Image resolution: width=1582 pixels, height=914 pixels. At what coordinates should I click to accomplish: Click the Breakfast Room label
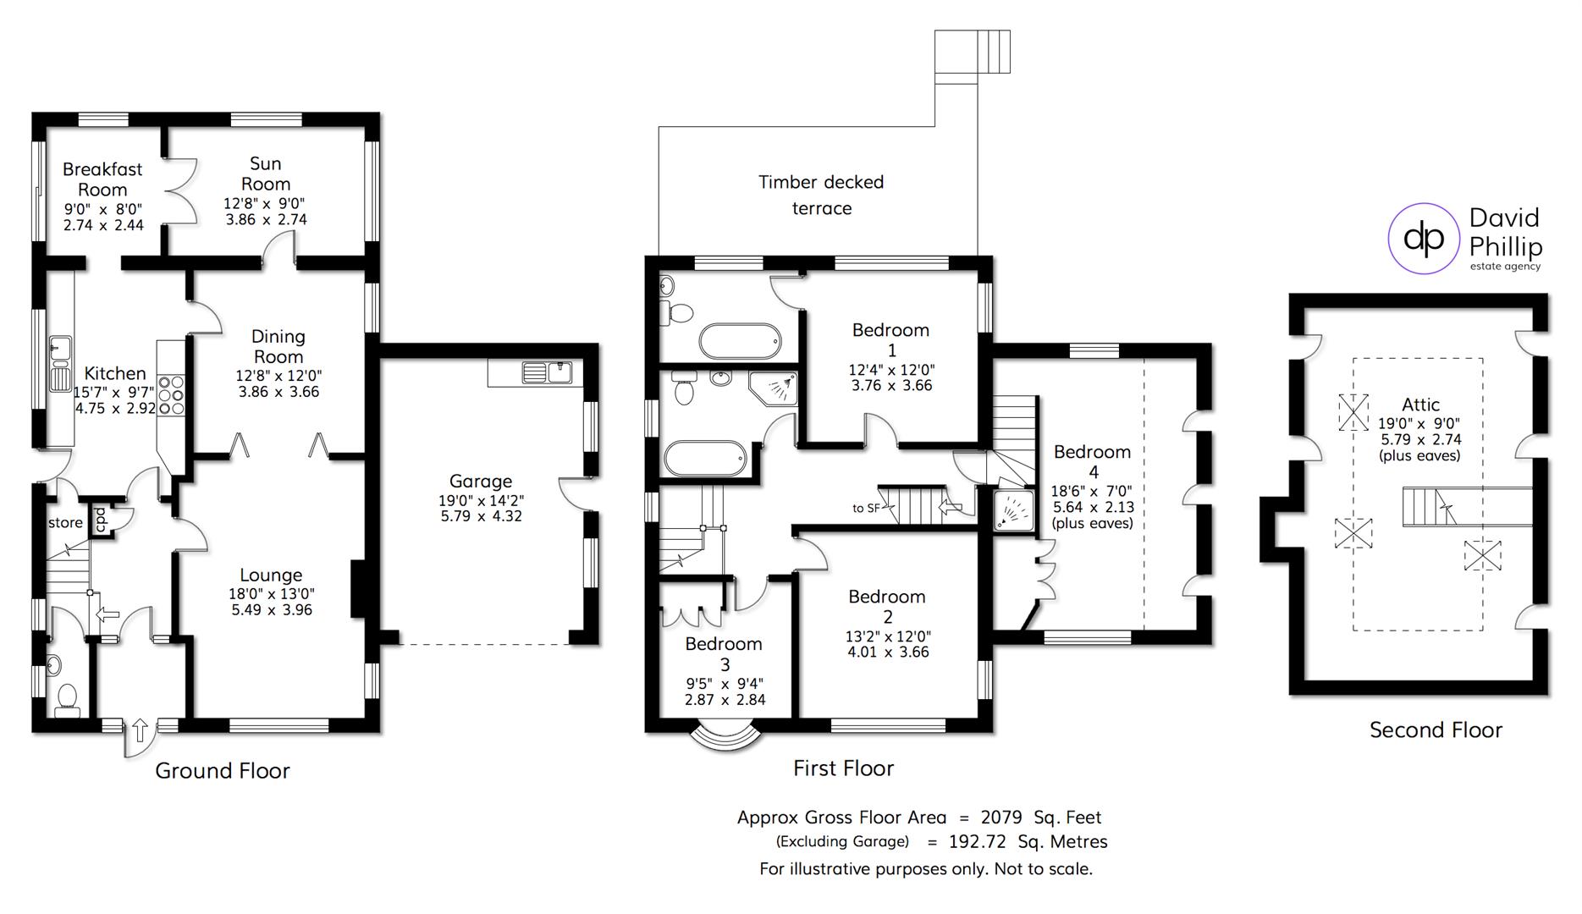102,179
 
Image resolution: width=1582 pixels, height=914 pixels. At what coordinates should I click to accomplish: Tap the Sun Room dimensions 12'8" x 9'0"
265,203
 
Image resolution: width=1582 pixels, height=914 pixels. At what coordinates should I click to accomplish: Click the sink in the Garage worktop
546,372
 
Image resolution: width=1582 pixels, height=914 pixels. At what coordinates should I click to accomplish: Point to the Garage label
481,481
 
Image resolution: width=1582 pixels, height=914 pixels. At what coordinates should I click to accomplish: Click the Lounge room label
271,575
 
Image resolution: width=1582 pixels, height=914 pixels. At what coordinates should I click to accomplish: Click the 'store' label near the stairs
65,523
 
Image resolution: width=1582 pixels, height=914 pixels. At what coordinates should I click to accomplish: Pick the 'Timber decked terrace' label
821,195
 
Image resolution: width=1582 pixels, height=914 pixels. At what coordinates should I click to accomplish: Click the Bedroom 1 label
890,339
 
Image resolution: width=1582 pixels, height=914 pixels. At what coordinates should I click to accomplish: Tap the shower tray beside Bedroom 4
1013,510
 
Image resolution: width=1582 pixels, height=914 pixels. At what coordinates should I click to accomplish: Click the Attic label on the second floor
1420,405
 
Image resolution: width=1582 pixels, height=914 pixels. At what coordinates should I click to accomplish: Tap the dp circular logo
1425,239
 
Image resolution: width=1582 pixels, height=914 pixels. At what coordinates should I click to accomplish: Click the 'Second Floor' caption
1436,730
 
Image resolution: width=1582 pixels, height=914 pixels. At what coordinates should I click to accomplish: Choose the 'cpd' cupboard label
100,519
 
